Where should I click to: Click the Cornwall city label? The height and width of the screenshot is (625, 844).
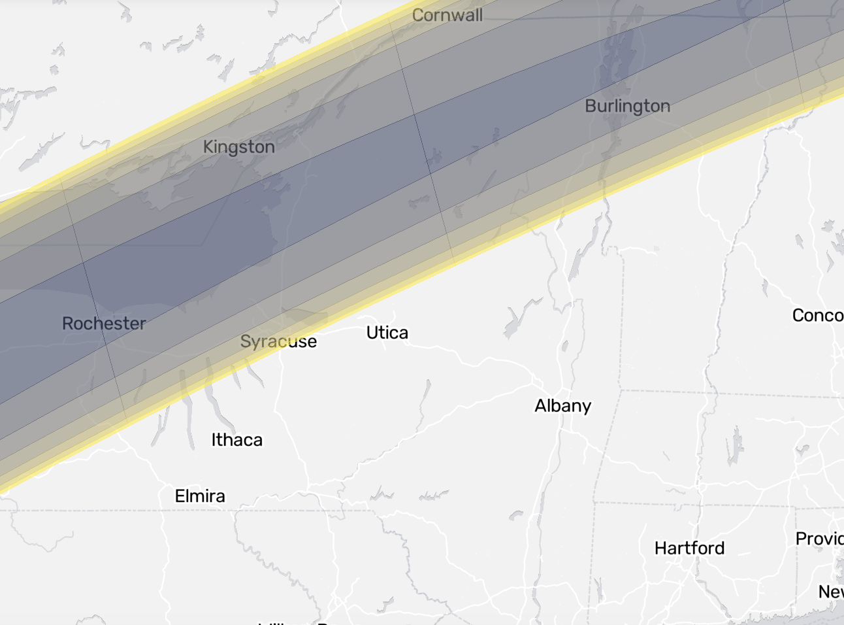pos(447,15)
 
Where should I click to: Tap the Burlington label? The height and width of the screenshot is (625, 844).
pos(627,106)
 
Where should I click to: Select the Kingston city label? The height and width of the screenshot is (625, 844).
pos(238,146)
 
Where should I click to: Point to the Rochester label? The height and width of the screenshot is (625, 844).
pos(104,323)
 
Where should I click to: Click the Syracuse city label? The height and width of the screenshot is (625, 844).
pos(278,341)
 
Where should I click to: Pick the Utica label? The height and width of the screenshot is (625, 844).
pos(387,333)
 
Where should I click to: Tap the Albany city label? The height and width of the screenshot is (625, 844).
pos(562,406)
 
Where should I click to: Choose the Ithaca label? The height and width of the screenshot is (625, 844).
pos(236,440)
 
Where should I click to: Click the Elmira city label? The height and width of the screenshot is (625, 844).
pos(200,496)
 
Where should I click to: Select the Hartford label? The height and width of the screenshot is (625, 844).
pos(689,548)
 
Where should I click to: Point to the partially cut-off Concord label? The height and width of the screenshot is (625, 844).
pos(817,316)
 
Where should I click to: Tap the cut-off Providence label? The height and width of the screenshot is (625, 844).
pos(819,539)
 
